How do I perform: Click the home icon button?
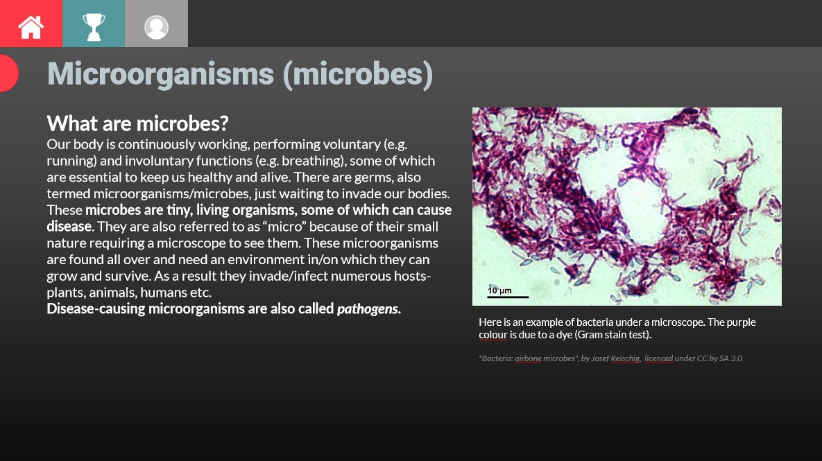click(31, 26)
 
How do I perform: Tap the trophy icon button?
click(94, 26)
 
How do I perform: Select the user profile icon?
click(156, 26)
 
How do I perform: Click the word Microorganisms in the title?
click(160, 73)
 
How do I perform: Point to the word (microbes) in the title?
click(357, 73)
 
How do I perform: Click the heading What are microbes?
click(137, 124)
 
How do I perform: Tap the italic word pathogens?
click(368, 309)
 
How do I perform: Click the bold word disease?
click(69, 227)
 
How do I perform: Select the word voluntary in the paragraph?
click(377, 145)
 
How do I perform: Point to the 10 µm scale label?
click(499, 290)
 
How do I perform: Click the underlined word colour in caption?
click(493, 335)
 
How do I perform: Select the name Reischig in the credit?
click(626, 358)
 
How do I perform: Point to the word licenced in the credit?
click(658, 358)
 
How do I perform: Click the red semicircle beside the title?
click(8, 73)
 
